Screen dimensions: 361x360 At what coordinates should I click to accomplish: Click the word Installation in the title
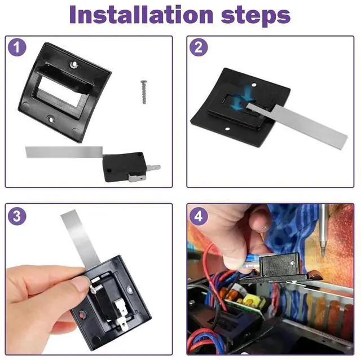tap(141, 15)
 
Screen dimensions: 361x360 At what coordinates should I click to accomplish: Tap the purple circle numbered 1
tap(17, 47)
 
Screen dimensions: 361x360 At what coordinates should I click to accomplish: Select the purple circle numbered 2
tap(199, 47)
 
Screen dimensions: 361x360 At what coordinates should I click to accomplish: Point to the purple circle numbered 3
tap(17, 216)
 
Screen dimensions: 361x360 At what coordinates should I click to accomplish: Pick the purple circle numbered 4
tap(199, 216)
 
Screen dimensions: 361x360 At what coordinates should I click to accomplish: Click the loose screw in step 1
tap(144, 92)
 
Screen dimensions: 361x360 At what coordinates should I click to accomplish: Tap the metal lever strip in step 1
tap(64, 152)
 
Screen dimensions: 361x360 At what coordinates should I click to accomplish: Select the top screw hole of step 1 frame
tap(74, 64)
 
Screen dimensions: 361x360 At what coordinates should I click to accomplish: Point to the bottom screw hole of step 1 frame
tap(51, 119)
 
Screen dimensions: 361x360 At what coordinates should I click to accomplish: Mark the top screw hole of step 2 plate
tap(254, 85)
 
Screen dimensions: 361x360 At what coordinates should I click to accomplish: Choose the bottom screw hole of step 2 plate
tap(227, 129)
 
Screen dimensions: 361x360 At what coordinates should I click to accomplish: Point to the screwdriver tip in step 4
tap(323, 253)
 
